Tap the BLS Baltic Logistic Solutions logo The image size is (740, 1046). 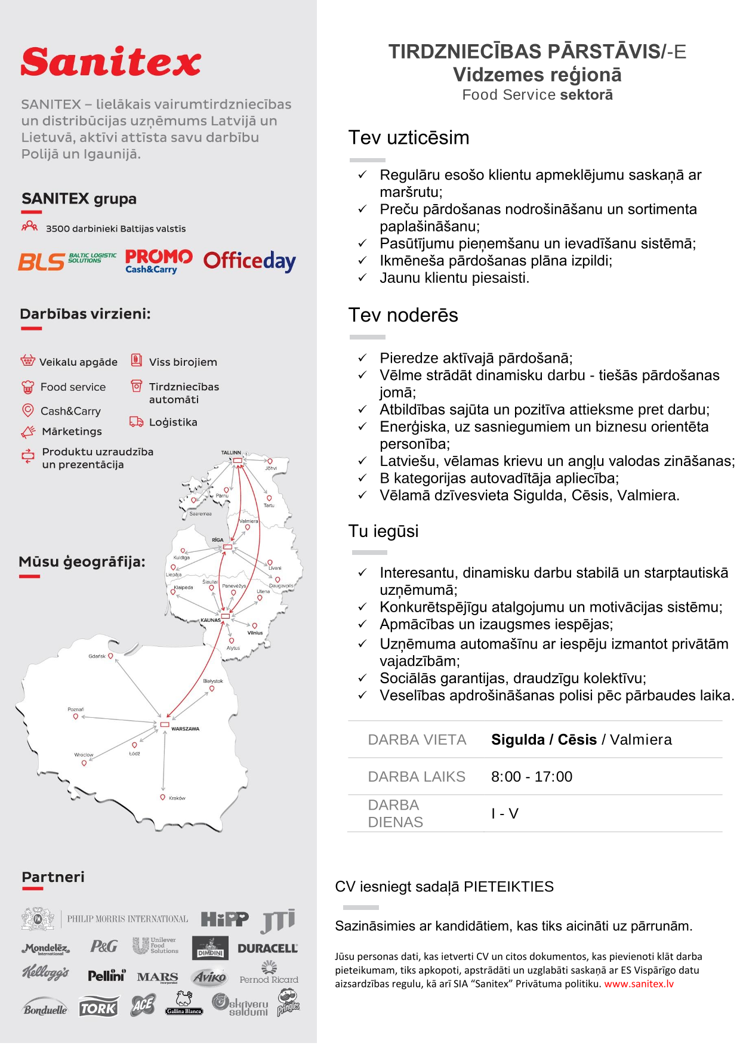pos(67,261)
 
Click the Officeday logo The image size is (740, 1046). pos(249,261)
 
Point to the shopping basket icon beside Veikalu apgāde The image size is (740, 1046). pos(27,361)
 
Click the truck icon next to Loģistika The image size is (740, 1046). pos(136,422)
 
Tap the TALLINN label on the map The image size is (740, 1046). pos(231,452)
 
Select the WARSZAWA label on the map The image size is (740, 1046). pos(185,729)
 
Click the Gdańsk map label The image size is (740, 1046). pos(97,656)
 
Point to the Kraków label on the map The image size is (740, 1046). pos(177,798)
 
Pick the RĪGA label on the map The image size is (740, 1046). pos(217,539)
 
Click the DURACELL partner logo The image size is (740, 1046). pos(267,948)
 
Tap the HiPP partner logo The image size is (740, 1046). pos(224,919)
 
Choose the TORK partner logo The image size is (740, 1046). pos(98,1007)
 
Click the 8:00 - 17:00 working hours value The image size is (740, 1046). pos(531,776)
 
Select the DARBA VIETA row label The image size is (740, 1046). pos(417,739)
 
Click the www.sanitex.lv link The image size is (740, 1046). pos(639,984)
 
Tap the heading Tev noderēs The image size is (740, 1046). pos(403,315)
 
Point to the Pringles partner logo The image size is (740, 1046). pos(288,1003)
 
